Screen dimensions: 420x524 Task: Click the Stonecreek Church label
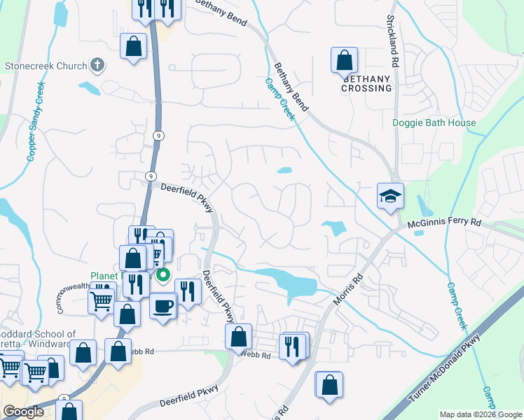[46, 66]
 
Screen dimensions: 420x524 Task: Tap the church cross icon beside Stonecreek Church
[97, 66]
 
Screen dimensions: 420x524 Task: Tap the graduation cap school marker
[390, 196]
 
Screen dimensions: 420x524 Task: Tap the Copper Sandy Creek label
[36, 121]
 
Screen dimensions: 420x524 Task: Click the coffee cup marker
[163, 305]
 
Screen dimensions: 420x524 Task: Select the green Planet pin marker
[163, 274]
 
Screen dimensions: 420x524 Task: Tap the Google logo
[23, 412]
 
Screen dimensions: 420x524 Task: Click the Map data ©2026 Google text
[480, 414]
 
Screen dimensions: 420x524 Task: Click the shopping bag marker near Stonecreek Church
[133, 47]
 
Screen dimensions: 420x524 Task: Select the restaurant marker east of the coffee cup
[187, 290]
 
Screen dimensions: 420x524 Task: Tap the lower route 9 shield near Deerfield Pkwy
[151, 176]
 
